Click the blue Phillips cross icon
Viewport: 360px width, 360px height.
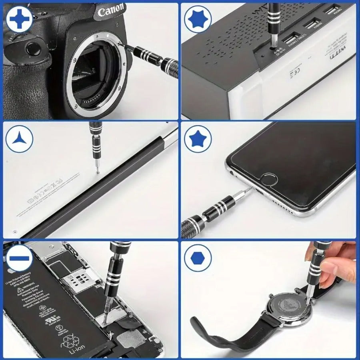(18, 18)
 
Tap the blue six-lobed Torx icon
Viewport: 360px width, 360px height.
(198, 18)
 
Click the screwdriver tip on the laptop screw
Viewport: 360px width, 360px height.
(98, 171)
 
